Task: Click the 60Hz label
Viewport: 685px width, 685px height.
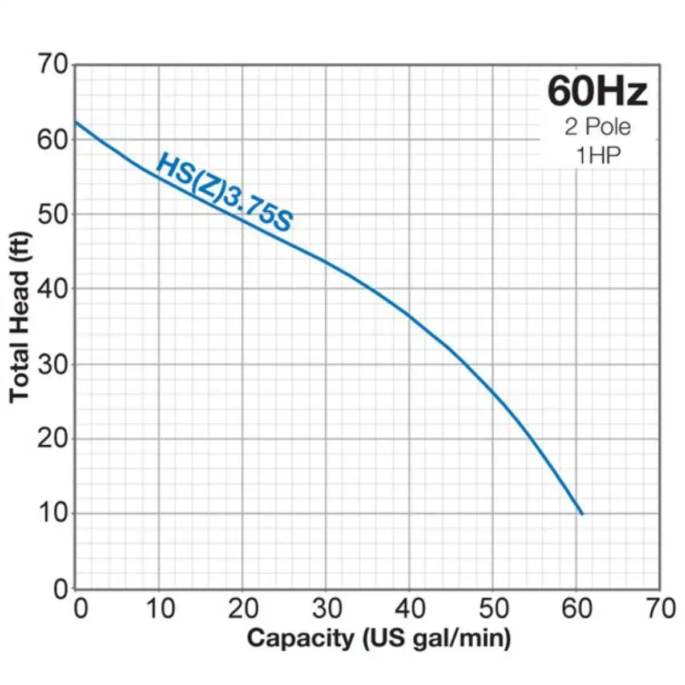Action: [598, 92]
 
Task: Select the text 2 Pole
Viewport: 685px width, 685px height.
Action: [598, 126]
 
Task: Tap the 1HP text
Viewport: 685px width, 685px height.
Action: [598, 155]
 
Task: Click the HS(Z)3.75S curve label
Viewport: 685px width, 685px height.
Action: [224, 192]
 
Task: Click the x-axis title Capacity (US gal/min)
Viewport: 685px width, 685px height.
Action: [378, 638]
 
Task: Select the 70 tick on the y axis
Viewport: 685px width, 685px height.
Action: [53, 63]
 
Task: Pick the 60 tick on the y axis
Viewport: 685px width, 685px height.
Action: [53, 139]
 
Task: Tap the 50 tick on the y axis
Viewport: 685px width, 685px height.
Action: [53, 214]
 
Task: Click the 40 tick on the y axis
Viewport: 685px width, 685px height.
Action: [53, 289]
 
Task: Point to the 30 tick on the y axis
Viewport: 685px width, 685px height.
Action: [53, 364]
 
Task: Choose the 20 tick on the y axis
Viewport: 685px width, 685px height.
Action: [53, 438]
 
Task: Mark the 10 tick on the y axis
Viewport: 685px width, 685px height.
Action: [53, 513]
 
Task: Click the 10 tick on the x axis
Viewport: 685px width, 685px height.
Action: [159, 609]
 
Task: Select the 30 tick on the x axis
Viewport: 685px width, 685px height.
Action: [327, 609]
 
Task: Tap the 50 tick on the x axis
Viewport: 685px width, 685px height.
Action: [493, 609]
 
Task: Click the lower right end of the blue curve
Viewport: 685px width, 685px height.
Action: [582, 514]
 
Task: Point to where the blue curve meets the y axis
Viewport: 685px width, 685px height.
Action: [76, 122]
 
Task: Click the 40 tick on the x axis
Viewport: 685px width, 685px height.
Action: [410, 609]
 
